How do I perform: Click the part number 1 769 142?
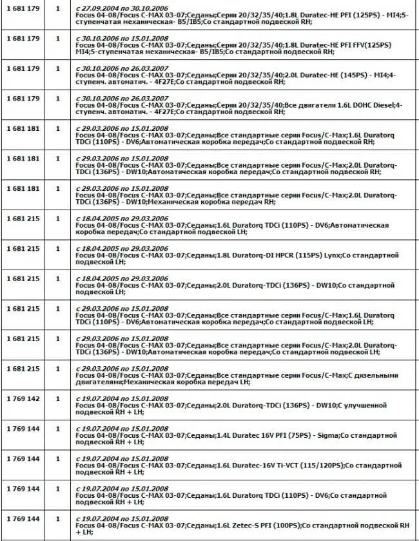pos(23,398)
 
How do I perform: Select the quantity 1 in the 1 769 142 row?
pos(57,398)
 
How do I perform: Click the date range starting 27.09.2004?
pos(122,6)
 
